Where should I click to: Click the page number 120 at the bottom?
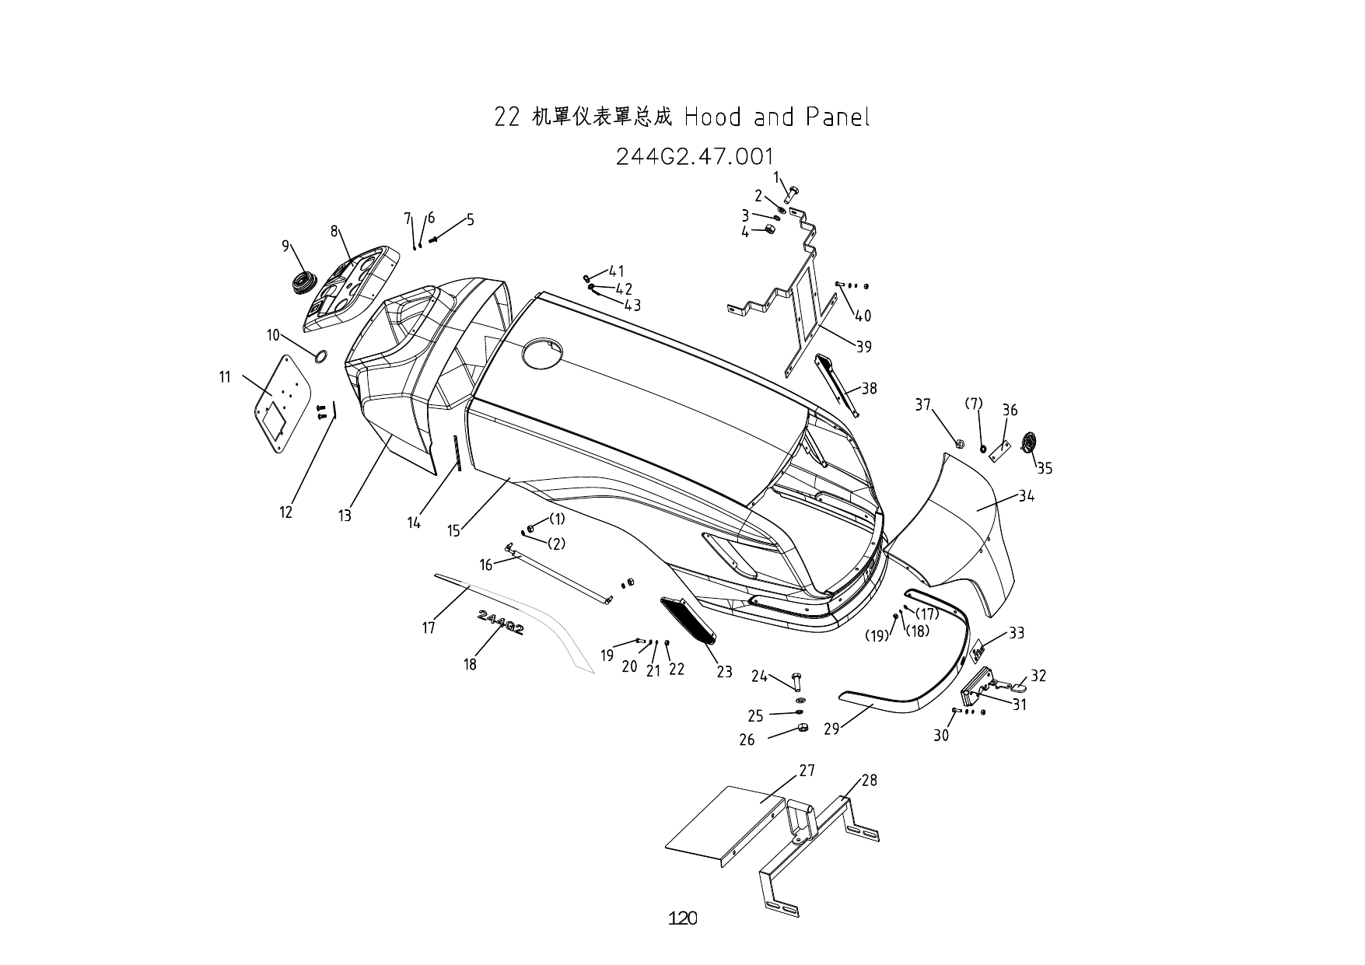point(682,918)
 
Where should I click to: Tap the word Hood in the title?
point(711,117)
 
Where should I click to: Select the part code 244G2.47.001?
point(695,156)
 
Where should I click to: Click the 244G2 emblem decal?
point(501,622)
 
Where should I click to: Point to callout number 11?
point(225,377)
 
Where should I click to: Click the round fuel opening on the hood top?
point(544,355)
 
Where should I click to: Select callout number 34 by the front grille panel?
point(1026,496)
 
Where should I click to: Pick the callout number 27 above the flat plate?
point(807,770)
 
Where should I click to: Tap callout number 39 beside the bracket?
point(863,347)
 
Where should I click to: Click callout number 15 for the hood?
point(453,531)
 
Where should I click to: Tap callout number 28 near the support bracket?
point(869,780)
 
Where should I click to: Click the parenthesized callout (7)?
point(973,404)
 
